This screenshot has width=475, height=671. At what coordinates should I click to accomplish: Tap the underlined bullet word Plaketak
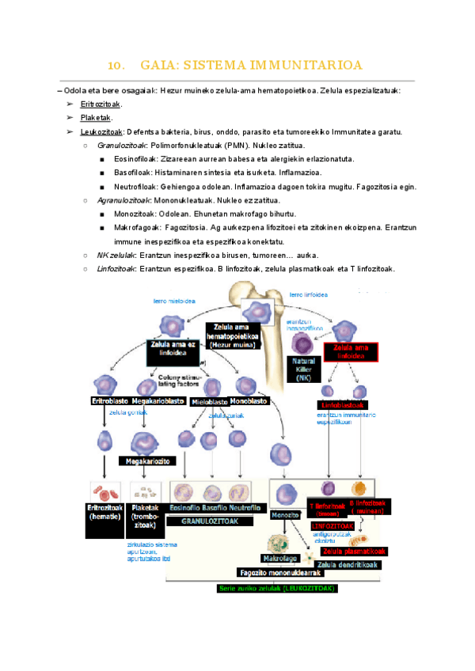click(x=96, y=118)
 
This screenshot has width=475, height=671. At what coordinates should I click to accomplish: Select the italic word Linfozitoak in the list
click(x=116, y=269)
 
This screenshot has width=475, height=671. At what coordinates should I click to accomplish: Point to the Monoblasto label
click(x=249, y=400)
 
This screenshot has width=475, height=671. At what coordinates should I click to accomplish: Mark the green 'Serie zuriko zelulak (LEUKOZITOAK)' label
click(x=277, y=588)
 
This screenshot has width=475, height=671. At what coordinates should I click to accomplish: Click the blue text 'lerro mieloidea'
click(x=176, y=301)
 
